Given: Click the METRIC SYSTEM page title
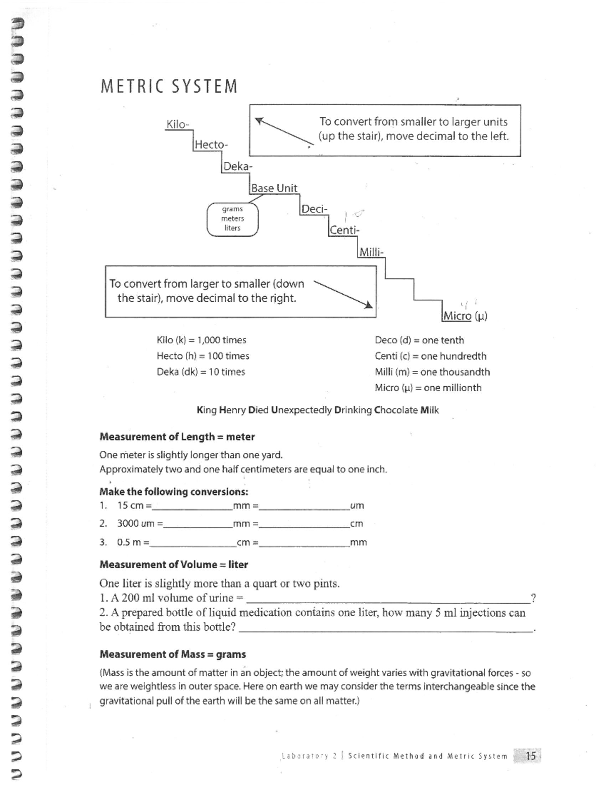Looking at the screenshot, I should pos(169,86).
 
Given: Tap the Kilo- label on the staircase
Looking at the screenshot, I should pos(177,124).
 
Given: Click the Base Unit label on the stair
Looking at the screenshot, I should pos(274,188).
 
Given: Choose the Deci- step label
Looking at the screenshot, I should pos(314,209).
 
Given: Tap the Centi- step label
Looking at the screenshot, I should pos(344,230).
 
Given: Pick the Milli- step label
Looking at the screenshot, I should pos(371,252).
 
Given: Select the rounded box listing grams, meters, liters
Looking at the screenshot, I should pos(232,219).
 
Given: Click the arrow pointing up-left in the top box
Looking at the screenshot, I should pos(284,131).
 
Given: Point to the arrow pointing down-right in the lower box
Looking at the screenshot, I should pos(343,294).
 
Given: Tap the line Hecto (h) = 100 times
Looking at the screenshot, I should pos(203,356).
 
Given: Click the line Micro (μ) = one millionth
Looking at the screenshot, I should pos(428,388).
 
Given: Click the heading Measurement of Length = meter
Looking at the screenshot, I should pos(177,437).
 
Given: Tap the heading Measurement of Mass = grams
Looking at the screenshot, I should pos(173,654).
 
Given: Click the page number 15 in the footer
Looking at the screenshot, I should pos(531,756).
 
